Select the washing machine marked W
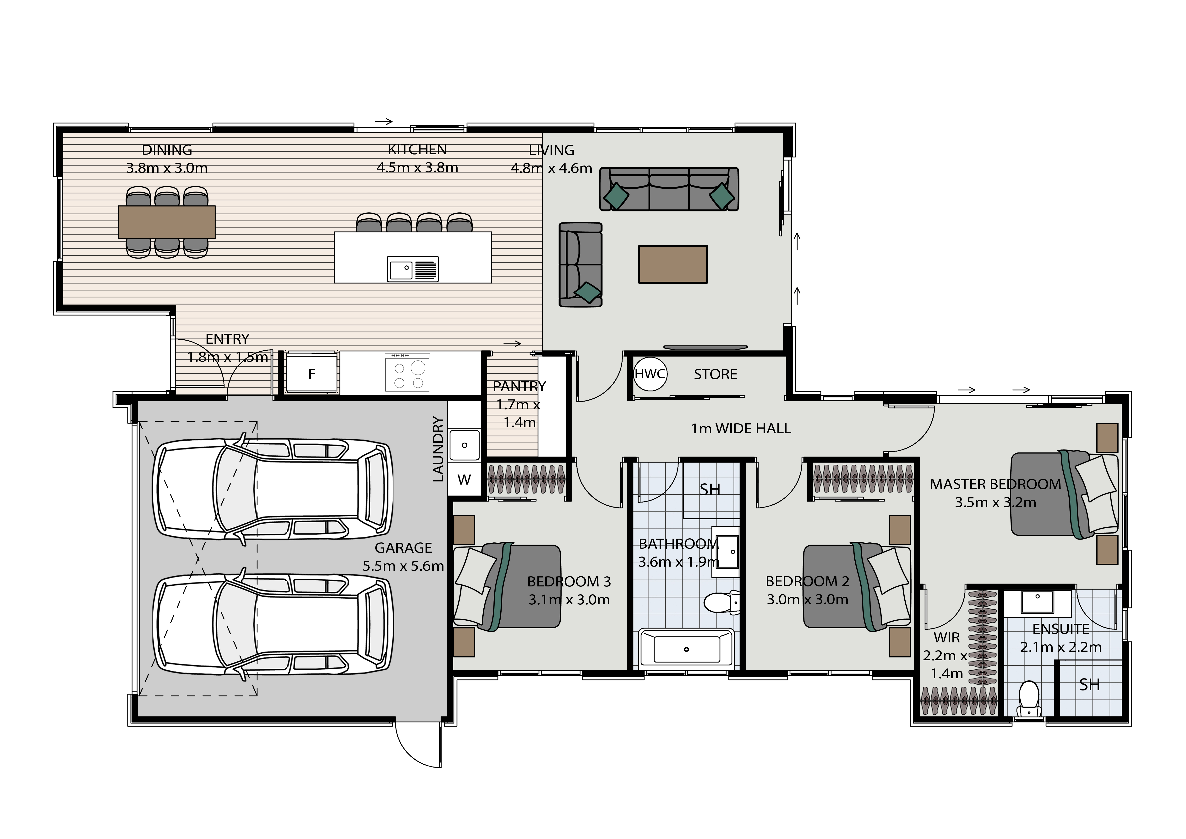[464, 480]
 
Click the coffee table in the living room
[672, 264]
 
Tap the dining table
[166, 222]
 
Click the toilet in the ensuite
[1028, 699]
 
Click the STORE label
[716, 374]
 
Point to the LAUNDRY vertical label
[438, 449]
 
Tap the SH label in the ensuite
[1089, 684]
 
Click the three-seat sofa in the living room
[669, 189]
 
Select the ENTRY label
[227, 339]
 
